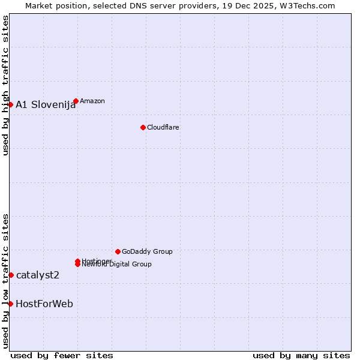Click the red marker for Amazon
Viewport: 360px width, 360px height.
(76, 101)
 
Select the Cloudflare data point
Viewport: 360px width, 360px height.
(143, 127)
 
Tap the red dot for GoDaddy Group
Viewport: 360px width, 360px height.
(118, 251)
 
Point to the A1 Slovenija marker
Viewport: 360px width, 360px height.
(10, 104)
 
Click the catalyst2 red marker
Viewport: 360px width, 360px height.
(11, 275)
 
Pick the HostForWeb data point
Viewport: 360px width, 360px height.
(10, 304)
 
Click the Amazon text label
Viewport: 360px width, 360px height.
(92, 101)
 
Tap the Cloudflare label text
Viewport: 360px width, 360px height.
(163, 127)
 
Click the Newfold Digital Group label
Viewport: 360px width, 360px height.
(116, 265)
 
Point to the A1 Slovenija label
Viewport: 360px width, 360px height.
(46, 105)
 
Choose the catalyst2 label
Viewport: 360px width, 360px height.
(38, 275)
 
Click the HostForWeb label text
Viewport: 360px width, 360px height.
(44, 304)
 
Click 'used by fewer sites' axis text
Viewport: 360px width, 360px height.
(62, 355)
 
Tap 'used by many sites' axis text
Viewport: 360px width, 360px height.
(301, 355)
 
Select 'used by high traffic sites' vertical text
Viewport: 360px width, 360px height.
(6, 85)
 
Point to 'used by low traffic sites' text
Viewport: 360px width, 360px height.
(6, 281)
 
